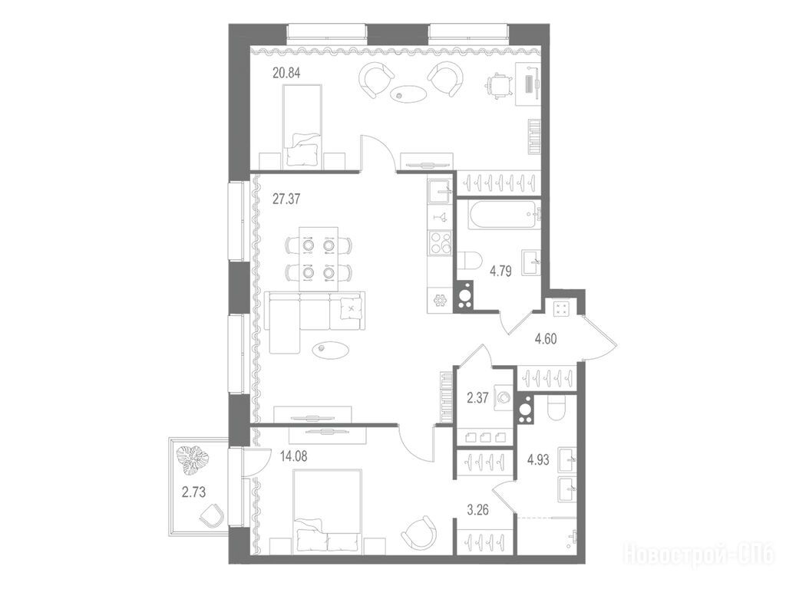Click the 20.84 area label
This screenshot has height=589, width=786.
[286, 73]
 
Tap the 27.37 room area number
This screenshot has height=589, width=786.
[286, 199]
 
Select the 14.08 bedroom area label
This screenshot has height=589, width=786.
[294, 456]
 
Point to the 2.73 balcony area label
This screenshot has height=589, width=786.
[193, 492]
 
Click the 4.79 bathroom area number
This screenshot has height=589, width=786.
[500, 271]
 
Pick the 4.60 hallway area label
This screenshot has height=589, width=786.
[546, 339]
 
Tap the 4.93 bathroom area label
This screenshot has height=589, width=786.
[538, 460]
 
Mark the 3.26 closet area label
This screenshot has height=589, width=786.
[477, 510]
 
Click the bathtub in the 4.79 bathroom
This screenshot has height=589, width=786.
[504, 216]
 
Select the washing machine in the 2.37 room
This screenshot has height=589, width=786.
[504, 398]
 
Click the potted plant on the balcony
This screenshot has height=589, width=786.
[193, 460]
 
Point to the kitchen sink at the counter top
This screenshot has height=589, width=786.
[440, 191]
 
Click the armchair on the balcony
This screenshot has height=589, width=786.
[212, 515]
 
